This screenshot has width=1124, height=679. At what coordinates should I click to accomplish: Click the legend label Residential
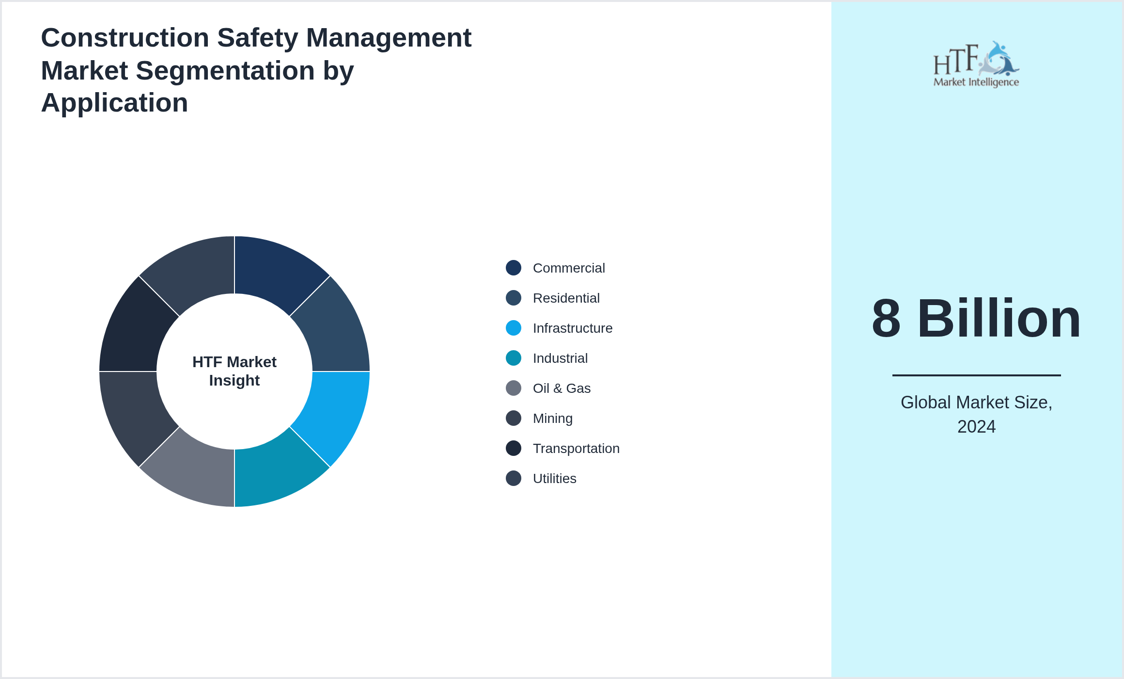click(x=566, y=298)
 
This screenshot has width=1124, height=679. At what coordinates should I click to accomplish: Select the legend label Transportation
click(x=576, y=448)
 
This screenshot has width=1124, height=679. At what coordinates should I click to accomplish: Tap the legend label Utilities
click(x=554, y=478)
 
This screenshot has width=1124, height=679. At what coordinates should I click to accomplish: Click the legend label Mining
click(x=552, y=418)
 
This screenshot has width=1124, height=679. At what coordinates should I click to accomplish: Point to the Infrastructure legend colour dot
click(x=513, y=328)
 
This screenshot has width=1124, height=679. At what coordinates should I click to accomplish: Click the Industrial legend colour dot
click(x=513, y=358)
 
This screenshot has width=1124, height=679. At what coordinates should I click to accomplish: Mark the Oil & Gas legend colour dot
click(x=513, y=388)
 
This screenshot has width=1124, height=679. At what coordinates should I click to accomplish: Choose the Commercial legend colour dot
click(x=513, y=268)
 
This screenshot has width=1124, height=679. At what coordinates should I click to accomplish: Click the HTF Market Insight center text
click(x=234, y=371)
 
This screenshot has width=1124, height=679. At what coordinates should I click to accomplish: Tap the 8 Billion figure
click(x=976, y=319)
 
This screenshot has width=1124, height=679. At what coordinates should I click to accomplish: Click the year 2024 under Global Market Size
click(x=976, y=426)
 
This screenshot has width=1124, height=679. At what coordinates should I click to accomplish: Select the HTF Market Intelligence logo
click(x=976, y=65)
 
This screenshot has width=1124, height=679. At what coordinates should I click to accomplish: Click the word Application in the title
click(x=114, y=103)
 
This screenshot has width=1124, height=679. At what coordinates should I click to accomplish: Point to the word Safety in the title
click(x=257, y=38)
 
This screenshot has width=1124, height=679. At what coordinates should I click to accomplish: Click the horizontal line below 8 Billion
click(x=976, y=375)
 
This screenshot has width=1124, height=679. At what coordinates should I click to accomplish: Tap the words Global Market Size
click(x=976, y=403)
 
